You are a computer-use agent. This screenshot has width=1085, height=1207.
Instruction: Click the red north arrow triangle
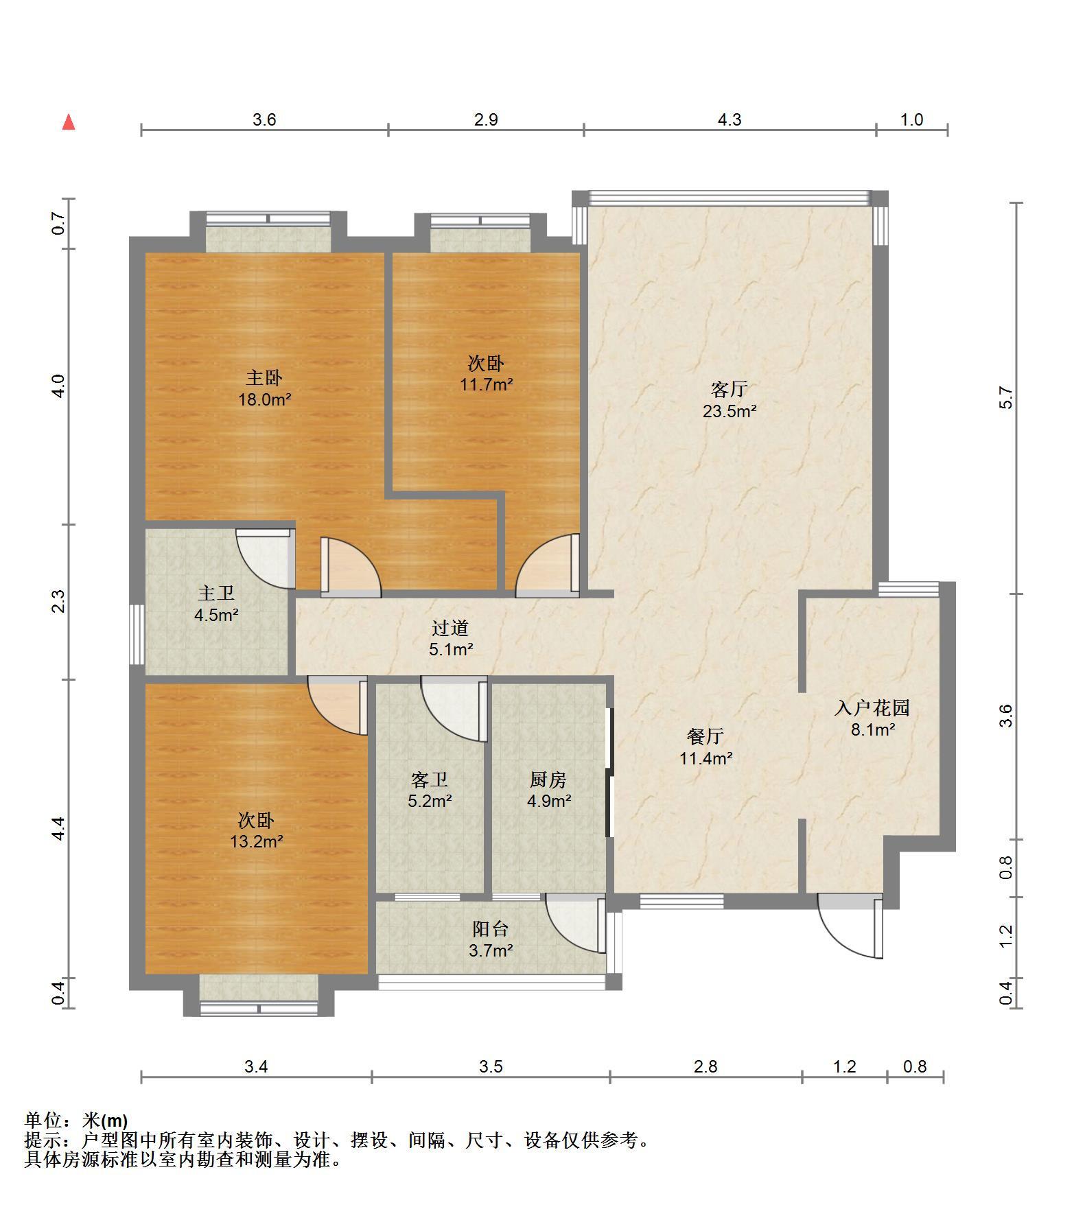(69, 122)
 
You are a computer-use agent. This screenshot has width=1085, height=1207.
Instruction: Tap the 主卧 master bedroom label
(264, 377)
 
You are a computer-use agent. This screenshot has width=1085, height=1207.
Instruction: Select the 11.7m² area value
(486, 384)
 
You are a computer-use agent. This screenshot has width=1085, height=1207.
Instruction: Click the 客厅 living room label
(729, 390)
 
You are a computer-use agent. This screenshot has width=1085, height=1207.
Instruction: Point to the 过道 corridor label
(450, 628)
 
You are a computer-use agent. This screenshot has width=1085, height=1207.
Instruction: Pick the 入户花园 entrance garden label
(872, 707)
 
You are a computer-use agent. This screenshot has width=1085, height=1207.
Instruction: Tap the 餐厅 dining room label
(705, 736)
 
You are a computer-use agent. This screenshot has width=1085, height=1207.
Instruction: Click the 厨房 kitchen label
(548, 780)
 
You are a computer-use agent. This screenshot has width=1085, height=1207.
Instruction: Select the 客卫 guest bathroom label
(430, 780)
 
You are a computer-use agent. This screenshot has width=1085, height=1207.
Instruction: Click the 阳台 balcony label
(491, 929)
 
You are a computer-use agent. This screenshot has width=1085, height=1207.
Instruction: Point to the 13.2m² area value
(257, 841)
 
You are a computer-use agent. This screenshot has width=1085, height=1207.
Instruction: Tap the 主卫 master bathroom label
(216, 593)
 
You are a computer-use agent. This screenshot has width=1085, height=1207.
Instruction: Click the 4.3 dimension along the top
(730, 120)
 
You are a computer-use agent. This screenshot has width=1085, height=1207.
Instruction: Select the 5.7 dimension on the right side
(1006, 398)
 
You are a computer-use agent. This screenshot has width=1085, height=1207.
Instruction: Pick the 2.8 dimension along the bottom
(705, 1066)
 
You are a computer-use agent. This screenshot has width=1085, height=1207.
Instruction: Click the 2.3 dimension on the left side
(59, 601)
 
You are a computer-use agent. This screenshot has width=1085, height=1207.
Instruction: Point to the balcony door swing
(576, 924)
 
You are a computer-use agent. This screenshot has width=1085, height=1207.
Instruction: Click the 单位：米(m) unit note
(75, 1121)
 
